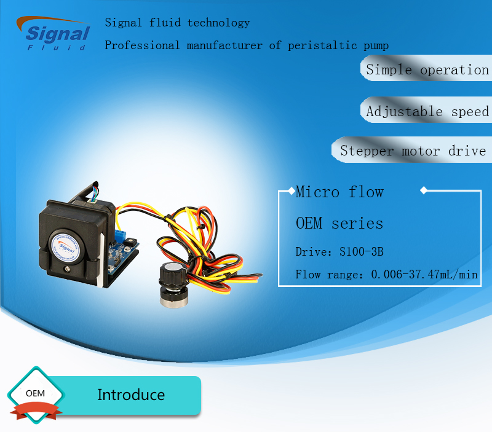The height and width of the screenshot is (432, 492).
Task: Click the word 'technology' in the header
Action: (x=219, y=23)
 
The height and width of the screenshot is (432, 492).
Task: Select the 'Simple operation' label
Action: (x=427, y=69)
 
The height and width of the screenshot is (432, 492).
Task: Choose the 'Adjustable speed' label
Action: (x=427, y=111)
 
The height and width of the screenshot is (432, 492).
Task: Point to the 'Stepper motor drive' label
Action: (x=413, y=151)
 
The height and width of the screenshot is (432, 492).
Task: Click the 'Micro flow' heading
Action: (x=339, y=192)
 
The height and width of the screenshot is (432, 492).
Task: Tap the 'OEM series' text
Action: (x=339, y=223)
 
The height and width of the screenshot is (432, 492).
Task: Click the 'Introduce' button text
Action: (x=131, y=395)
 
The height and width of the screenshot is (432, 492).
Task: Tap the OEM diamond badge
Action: (x=35, y=393)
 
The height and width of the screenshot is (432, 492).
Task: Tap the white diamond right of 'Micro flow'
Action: (x=423, y=190)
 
